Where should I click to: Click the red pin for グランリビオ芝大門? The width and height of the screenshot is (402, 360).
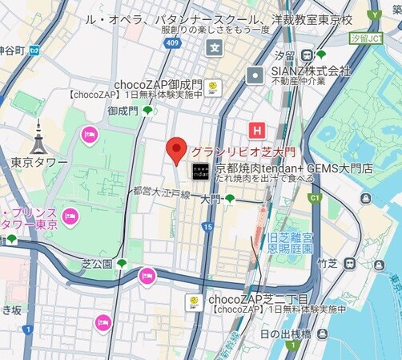tap(176, 150)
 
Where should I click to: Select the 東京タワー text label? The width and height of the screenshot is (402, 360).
tap(40, 163)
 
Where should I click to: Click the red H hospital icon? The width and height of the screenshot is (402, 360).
tap(257, 129)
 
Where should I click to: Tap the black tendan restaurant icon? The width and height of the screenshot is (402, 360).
tap(199, 170)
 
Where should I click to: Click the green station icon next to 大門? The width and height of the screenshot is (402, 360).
tap(230, 199)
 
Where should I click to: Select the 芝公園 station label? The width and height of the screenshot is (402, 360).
tap(98, 262)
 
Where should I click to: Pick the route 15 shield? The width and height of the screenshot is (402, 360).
tap(207, 228)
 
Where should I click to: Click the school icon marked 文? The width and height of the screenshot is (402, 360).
tap(214, 48)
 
